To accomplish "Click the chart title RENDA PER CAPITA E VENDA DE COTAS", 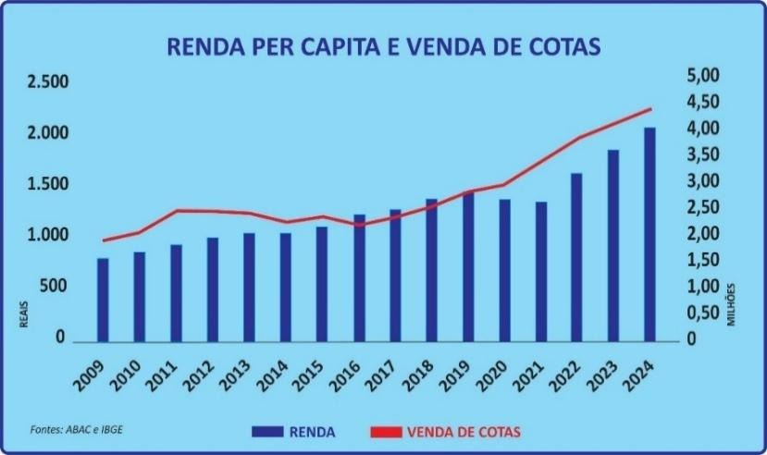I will [383, 45].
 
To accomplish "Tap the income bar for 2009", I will [103, 299].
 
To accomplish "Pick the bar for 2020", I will [504, 269].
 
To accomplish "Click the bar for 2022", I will [576, 256].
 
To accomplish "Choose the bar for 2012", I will [213, 289].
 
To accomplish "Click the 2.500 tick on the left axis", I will [48, 82].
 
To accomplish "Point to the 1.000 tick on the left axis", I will [48, 236].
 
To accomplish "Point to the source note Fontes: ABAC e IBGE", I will [68, 430].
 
